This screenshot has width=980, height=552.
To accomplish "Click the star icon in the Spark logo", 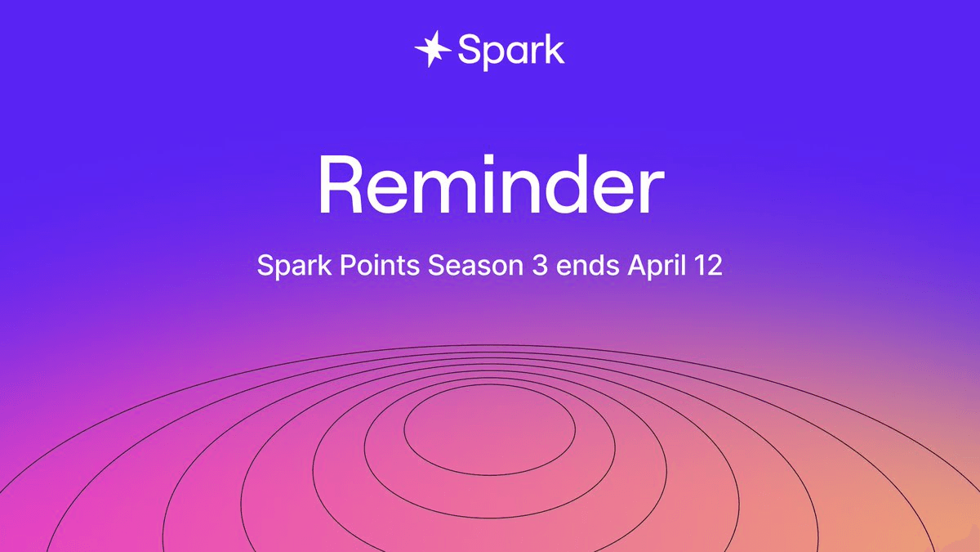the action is (432, 49).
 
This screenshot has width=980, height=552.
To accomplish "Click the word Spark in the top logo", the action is (511, 52).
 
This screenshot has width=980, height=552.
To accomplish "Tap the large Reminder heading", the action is (492, 186).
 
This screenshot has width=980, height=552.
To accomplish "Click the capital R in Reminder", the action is (340, 186).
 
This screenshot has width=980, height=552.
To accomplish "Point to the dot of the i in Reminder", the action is (492, 160).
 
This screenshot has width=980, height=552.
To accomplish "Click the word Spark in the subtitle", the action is (295, 266).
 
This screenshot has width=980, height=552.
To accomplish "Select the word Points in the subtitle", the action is (380, 265).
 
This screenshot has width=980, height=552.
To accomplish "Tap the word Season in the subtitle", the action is (475, 265).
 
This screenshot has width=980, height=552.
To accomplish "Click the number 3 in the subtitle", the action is (540, 265).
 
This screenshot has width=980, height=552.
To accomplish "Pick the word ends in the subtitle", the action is (587, 265).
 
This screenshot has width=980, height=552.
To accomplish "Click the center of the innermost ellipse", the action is (489, 430).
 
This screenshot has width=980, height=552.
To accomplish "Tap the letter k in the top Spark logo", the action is (553, 49).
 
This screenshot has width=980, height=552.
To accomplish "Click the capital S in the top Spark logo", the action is (470, 50).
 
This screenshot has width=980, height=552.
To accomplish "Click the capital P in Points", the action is (349, 265).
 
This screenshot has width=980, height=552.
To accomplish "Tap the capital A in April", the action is (638, 265).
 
